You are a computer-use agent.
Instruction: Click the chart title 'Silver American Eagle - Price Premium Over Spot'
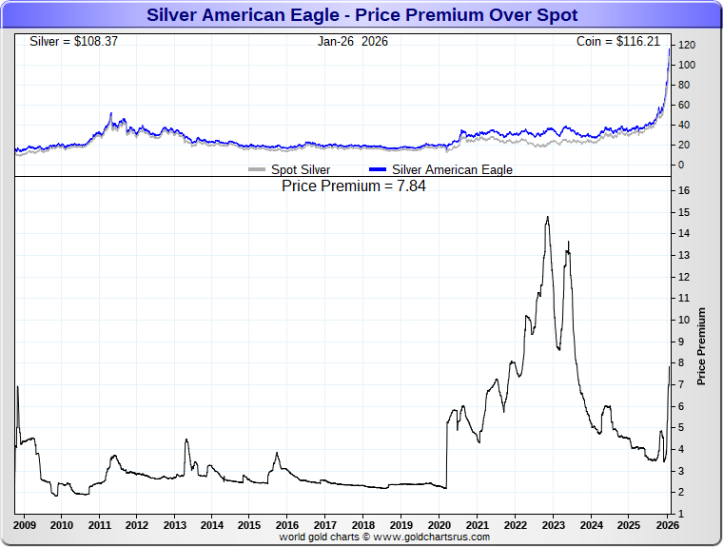tap(361, 15)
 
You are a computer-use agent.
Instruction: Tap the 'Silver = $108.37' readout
tap(74, 42)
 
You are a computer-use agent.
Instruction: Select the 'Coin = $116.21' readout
tap(617, 42)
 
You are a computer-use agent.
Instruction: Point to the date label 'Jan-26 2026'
tap(353, 42)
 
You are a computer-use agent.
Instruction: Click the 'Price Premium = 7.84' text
tap(354, 186)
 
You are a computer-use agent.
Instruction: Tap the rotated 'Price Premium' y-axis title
tap(701, 345)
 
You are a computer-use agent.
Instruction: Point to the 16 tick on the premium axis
tap(684, 190)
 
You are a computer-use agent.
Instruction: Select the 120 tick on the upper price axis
tap(686, 45)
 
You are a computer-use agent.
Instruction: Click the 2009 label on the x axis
tap(25, 525)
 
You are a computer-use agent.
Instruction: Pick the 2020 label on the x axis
tap(440, 525)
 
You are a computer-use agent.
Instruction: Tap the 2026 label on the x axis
tap(667, 525)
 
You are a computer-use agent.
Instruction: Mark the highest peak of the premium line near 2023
tap(547, 218)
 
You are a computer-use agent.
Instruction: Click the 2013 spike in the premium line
tap(186, 440)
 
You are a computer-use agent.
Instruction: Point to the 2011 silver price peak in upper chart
tap(111, 114)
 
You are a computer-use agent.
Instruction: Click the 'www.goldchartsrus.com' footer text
tap(432, 537)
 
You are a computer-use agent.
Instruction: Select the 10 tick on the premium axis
tap(684, 320)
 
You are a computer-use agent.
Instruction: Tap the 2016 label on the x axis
tap(287, 525)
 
